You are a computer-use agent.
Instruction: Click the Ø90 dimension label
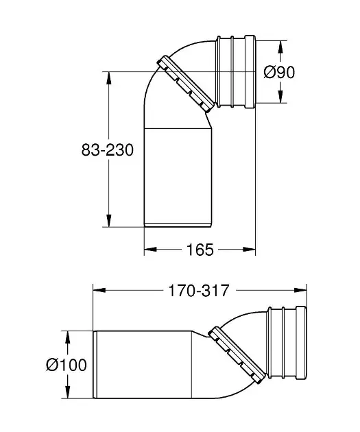(x=279, y=72)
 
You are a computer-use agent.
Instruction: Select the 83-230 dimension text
(x=108, y=150)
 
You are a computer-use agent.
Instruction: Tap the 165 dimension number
(x=200, y=250)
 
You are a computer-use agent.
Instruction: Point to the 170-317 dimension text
(x=198, y=290)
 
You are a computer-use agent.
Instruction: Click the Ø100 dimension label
(x=67, y=365)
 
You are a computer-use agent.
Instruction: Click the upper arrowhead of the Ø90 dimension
(x=280, y=47)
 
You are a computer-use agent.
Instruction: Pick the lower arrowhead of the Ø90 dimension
(x=280, y=97)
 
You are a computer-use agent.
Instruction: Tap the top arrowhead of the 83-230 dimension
(x=109, y=78)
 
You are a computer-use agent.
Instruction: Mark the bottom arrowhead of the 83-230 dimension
(x=109, y=221)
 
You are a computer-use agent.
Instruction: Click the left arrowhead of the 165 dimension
(x=151, y=250)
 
